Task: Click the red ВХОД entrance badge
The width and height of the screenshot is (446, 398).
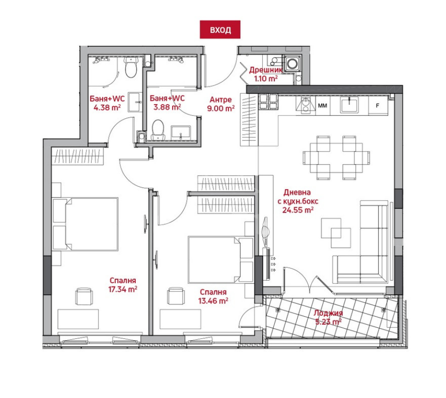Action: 220,29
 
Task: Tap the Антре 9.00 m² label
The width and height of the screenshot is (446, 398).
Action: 221,104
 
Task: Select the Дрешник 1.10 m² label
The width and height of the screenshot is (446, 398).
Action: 266,74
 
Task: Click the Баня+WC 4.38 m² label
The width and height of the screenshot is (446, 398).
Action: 107,103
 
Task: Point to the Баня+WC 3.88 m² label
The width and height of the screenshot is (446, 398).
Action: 167,102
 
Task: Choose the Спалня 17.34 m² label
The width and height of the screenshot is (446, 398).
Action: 123,285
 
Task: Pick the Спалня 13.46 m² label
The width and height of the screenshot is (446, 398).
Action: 213,296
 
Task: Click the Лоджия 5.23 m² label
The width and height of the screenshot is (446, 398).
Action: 328,317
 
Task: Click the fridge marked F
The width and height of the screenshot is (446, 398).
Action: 378,106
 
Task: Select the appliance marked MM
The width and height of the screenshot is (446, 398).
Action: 322,106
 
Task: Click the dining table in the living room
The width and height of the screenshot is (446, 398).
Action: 336,158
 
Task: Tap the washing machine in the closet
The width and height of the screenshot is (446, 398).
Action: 292,64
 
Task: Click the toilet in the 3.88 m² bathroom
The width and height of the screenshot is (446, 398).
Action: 158,130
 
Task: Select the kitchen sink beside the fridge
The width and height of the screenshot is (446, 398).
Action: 350,105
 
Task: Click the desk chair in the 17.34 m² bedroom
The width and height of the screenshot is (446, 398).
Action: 84,296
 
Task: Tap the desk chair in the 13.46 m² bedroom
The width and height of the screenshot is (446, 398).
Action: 176,296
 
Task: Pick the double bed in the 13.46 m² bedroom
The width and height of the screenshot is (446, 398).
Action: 221,259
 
